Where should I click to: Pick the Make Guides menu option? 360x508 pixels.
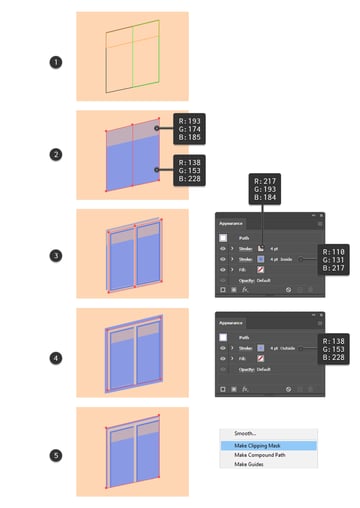(x=249, y=464)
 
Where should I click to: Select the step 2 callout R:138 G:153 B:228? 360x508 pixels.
(x=189, y=171)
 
